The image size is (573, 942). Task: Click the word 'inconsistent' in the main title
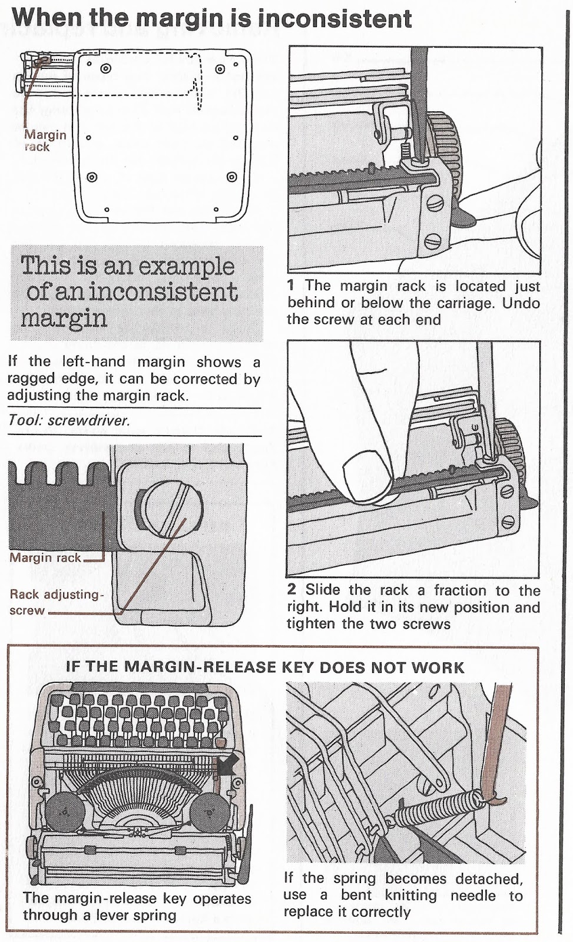click(340, 18)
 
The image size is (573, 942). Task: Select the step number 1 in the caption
click(290, 285)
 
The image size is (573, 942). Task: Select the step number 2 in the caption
click(291, 589)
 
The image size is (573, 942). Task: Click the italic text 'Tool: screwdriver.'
click(69, 420)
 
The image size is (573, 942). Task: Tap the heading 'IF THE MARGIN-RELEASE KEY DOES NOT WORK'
click(265, 668)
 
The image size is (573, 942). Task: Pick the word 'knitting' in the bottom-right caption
click(410, 894)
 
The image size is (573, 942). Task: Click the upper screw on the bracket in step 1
click(435, 204)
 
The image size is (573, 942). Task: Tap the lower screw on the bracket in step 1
click(433, 241)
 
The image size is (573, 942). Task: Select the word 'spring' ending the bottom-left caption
click(153, 915)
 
